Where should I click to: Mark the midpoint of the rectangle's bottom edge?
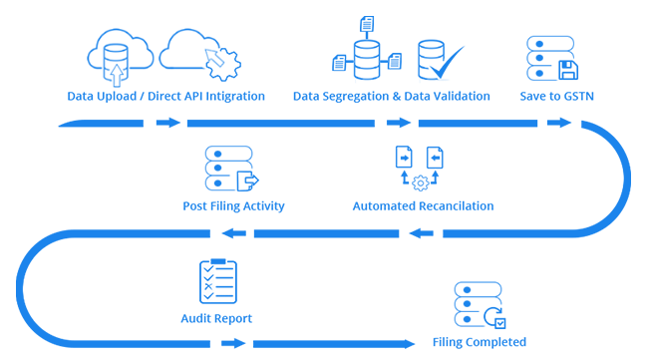(319, 348)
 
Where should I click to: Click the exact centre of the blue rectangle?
(319, 181)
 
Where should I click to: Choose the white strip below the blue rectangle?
(319, 354)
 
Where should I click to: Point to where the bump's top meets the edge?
(622, 141)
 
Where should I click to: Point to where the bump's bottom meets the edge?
(622, 220)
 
